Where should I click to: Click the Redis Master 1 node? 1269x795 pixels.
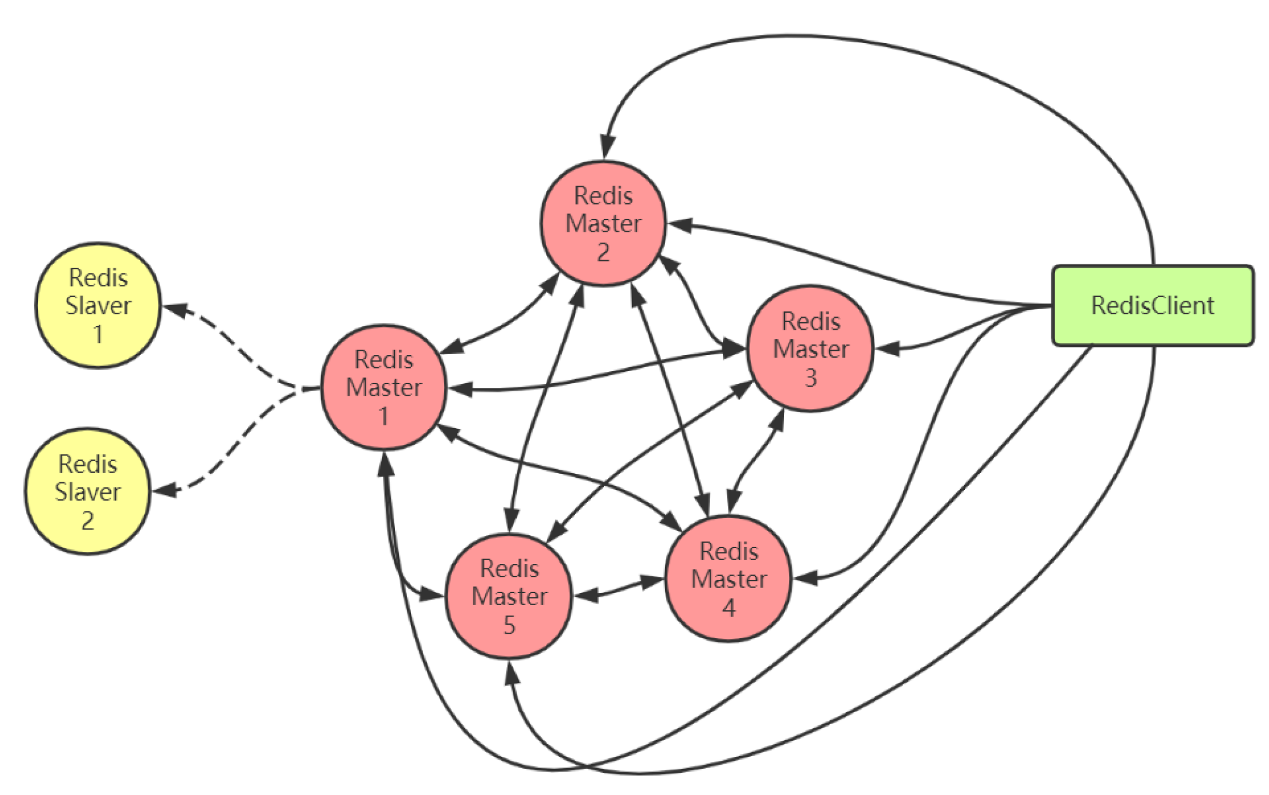[384, 387]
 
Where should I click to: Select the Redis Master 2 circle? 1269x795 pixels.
[603, 223]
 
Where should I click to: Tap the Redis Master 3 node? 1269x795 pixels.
[811, 349]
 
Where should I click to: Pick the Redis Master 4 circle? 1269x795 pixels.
[728, 579]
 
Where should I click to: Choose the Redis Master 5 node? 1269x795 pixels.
[509, 596]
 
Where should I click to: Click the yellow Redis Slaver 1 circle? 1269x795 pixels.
[98, 305]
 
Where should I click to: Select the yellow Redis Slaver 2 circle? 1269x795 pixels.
[88, 491]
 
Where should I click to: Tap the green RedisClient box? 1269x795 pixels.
[1152, 306]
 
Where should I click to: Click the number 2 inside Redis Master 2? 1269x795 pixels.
[603, 253]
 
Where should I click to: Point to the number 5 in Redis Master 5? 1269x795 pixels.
[509, 625]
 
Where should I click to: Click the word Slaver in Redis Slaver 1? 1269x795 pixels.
[98, 306]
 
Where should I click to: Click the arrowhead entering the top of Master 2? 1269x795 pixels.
[607, 147]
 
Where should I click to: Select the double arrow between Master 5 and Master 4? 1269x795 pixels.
[619, 588]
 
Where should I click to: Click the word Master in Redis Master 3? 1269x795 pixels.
[811, 349]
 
